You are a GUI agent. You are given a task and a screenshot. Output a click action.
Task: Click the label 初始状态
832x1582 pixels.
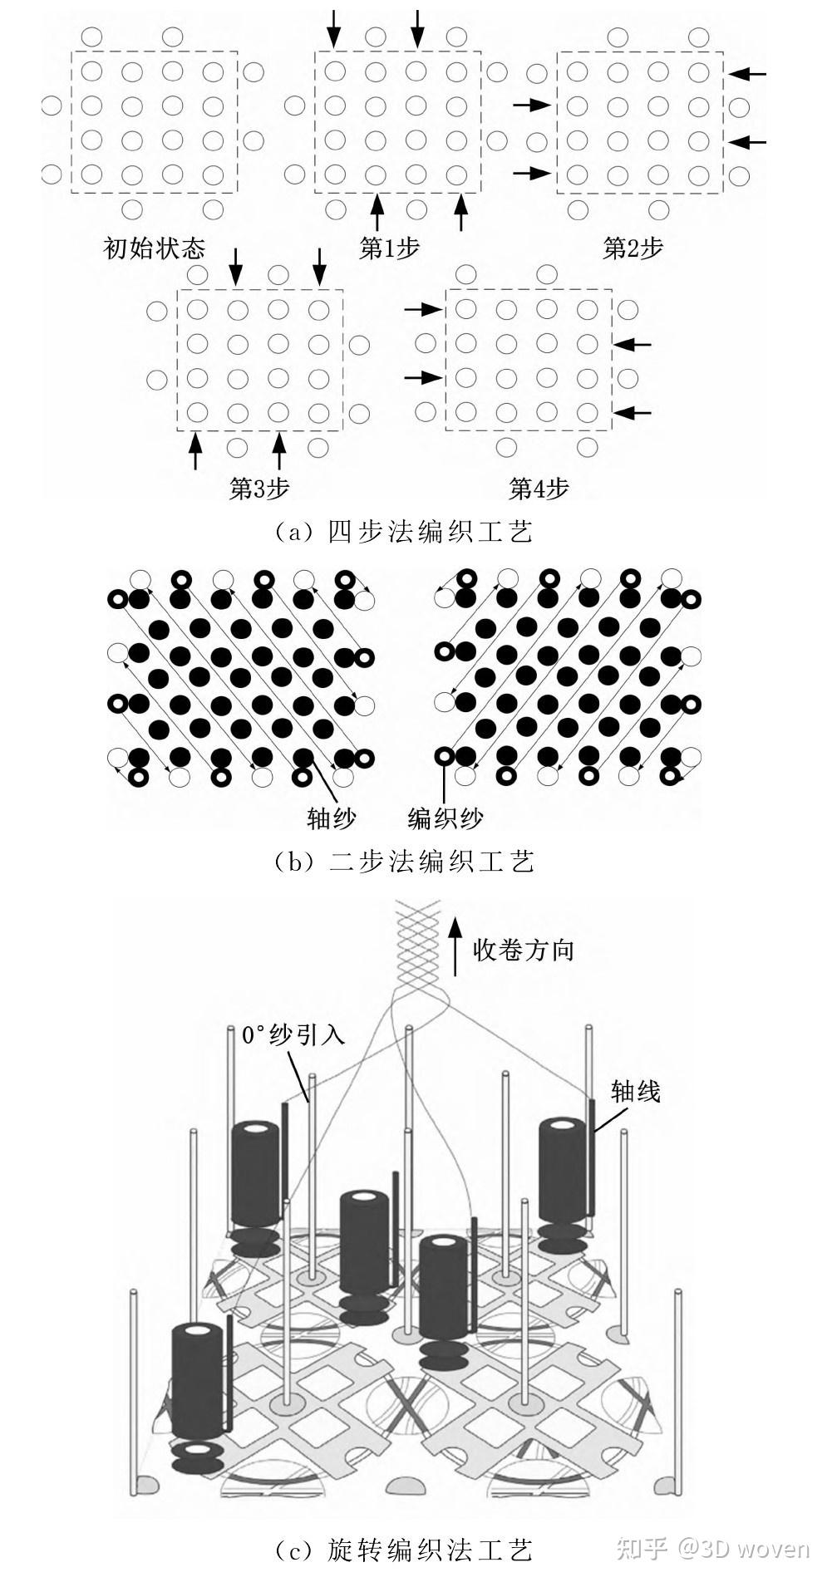(x=154, y=248)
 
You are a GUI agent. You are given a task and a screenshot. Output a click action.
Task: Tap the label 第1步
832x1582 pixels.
(x=389, y=248)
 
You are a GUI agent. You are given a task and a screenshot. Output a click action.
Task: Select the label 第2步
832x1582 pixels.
(x=633, y=248)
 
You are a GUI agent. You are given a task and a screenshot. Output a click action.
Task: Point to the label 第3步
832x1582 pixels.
(x=259, y=489)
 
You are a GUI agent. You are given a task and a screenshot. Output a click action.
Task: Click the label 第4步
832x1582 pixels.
(x=539, y=489)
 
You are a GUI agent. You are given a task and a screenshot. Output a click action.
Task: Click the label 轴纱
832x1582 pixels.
(x=332, y=818)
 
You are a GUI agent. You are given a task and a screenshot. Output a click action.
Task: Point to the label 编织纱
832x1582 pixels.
(x=446, y=818)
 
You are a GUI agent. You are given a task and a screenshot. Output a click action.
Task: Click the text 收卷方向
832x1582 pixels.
(x=524, y=950)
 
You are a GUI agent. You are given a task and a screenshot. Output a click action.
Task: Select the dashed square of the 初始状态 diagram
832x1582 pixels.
(x=155, y=122)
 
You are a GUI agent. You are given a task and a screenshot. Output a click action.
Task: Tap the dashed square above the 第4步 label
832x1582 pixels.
(x=529, y=359)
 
